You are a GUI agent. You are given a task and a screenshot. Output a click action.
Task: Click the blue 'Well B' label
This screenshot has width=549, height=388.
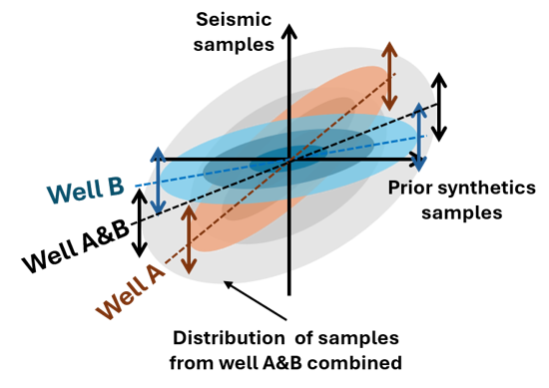(x=86, y=190)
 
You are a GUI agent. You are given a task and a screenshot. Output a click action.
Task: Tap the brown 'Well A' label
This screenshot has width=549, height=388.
(x=130, y=291)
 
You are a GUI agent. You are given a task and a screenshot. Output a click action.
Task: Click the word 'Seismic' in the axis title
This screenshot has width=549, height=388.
(x=234, y=19)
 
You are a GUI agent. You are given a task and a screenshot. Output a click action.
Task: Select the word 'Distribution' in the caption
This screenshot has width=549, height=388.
(x=229, y=338)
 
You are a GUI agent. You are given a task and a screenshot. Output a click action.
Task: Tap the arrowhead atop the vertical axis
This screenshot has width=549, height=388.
(x=289, y=31)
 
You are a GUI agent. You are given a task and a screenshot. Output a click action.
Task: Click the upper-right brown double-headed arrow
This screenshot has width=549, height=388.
(x=389, y=76)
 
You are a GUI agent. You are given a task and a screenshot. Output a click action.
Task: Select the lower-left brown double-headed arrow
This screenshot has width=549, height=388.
(x=189, y=239)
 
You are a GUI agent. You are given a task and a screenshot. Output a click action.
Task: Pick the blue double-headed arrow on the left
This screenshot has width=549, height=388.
(x=158, y=181)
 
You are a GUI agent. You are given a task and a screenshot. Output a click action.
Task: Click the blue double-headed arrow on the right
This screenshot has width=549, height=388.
(x=419, y=137)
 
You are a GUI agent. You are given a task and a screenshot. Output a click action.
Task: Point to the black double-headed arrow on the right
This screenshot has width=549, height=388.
(x=439, y=107)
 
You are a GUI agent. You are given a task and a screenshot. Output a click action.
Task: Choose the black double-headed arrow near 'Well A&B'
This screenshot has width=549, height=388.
(x=140, y=222)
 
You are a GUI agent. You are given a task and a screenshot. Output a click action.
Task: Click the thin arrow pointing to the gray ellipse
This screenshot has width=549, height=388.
(x=256, y=300)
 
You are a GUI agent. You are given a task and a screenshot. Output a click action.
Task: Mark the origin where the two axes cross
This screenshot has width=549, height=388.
(x=289, y=160)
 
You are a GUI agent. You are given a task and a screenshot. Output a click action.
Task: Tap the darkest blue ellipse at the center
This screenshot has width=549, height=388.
(x=288, y=159)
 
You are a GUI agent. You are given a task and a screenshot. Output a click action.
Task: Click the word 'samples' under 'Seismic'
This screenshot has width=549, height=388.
(x=234, y=45)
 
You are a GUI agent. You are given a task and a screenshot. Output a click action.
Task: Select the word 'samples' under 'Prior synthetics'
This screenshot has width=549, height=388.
(x=462, y=212)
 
